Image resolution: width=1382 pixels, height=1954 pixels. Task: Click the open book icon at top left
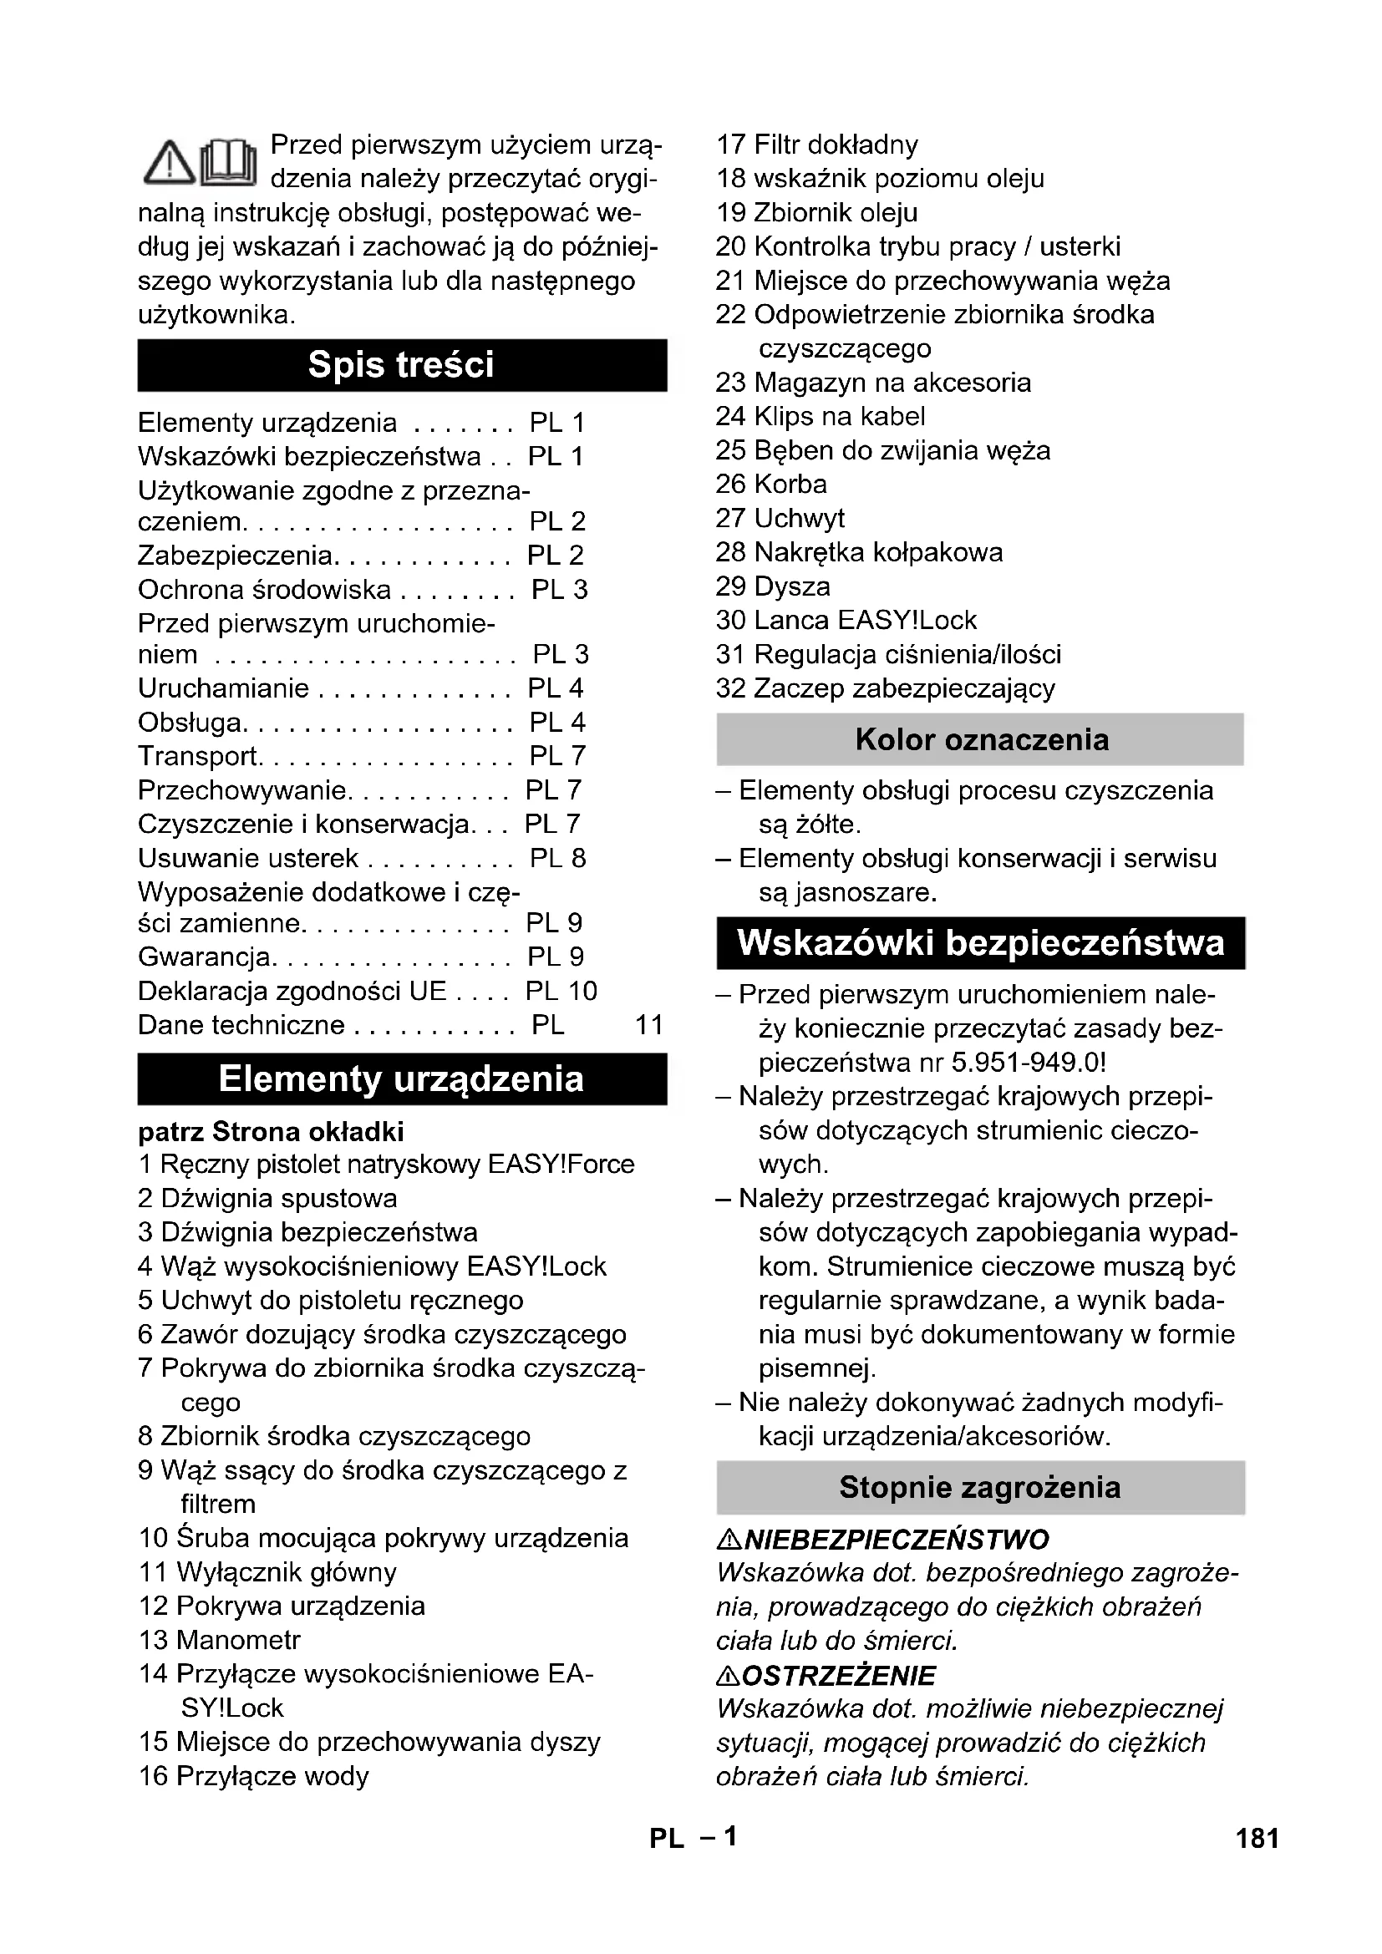tap(228, 162)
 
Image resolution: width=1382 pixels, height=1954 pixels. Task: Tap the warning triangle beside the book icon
tap(170, 163)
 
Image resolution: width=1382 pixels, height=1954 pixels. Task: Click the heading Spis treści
tap(401, 365)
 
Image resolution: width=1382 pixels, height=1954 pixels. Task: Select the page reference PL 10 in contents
tap(561, 991)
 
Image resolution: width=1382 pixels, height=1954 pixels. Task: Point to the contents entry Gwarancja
tap(205, 957)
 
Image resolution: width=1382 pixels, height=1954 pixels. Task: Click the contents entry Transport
tap(198, 756)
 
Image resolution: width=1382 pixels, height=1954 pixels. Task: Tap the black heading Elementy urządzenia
tap(401, 1079)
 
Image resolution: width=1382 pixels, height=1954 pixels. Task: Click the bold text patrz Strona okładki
tap(271, 1132)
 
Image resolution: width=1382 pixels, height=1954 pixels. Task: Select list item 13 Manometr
tap(220, 1640)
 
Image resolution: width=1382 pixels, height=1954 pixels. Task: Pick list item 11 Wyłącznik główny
tap(267, 1572)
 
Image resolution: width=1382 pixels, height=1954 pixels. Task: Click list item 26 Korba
tap(770, 485)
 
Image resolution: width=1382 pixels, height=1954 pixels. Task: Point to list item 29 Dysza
tap(772, 586)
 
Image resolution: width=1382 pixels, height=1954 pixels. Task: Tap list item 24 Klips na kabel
tap(820, 416)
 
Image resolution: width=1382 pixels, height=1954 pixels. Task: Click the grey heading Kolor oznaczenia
tap(980, 739)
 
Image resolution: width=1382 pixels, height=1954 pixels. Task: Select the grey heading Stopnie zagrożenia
tap(980, 1488)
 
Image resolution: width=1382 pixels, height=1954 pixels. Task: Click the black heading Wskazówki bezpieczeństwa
tap(980, 943)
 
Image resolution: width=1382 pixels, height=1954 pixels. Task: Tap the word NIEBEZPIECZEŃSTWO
tap(895, 1540)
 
